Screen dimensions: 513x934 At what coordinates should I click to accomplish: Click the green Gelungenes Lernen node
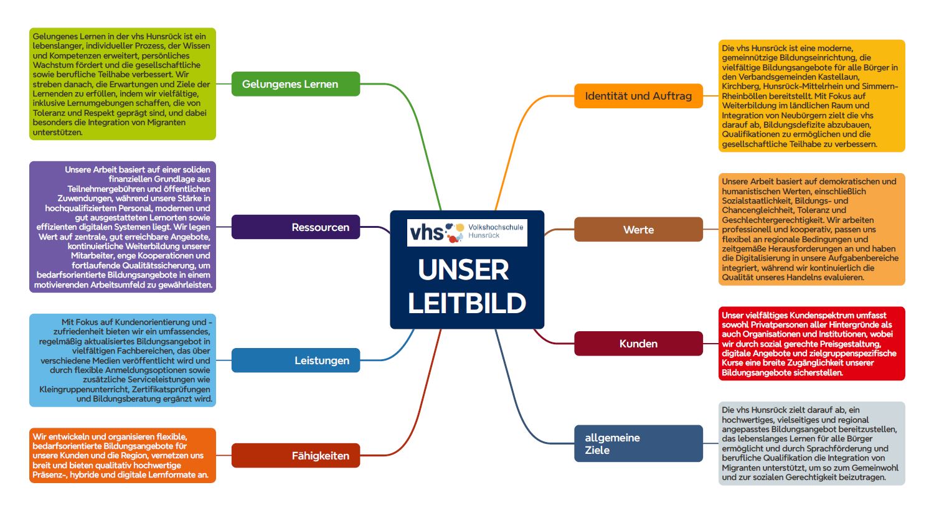295,84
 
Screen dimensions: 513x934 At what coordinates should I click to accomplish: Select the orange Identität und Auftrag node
638,96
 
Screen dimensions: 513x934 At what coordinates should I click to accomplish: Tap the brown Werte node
638,230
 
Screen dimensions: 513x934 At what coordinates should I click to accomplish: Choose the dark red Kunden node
638,344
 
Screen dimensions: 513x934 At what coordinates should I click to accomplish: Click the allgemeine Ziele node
638,443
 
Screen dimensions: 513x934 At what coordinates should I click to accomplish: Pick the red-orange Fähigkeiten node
295,456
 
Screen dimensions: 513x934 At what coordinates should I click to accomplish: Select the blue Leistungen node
295,360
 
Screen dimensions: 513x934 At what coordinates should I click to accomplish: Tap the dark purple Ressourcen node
295,227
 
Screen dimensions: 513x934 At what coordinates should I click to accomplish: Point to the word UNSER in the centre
464,270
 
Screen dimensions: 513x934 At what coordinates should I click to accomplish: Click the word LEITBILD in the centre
467,303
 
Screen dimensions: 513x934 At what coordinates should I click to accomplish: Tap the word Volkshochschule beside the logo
496,227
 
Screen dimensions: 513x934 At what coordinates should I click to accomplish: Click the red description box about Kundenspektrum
811,344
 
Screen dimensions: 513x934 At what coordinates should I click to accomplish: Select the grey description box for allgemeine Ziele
811,443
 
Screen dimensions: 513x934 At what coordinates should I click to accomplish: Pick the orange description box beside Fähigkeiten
122,456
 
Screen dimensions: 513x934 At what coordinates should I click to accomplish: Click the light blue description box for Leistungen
122,360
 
